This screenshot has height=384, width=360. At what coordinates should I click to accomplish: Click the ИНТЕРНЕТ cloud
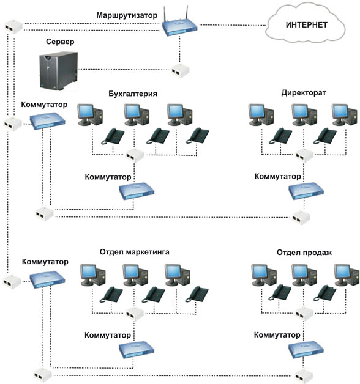(306, 24)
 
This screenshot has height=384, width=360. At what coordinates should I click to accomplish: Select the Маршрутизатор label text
(127, 15)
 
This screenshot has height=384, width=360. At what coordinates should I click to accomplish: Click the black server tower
(59, 71)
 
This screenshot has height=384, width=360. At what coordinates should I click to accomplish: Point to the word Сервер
(60, 42)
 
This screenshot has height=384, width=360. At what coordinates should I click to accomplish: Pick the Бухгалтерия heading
(133, 94)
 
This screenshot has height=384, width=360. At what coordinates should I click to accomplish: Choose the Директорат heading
(304, 93)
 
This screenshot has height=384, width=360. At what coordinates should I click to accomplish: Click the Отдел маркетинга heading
(134, 252)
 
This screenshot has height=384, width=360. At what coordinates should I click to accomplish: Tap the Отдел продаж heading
(304, 253)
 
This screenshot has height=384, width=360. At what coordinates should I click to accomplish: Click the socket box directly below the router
(180, 70)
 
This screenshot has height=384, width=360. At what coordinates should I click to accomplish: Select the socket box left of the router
(13, 26)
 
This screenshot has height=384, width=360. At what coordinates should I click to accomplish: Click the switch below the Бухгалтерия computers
(137, 191)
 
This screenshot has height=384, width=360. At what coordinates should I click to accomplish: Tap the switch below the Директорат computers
(306, 191)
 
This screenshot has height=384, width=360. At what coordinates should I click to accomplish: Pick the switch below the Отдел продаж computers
(306, 350)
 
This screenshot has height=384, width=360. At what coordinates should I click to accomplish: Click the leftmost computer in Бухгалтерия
(90, 114)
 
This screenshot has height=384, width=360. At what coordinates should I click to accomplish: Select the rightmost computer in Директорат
(344, 114)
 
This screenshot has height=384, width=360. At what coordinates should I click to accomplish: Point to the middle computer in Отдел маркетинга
(135, 275)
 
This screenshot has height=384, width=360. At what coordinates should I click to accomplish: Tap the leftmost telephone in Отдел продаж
(280, 292)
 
